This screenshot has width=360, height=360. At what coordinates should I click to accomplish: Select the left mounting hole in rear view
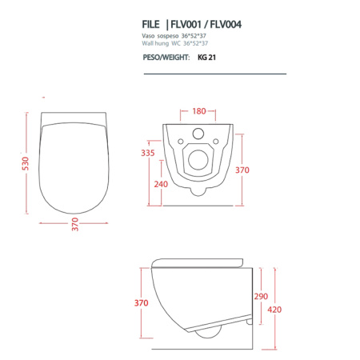(x=179, y=145)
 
